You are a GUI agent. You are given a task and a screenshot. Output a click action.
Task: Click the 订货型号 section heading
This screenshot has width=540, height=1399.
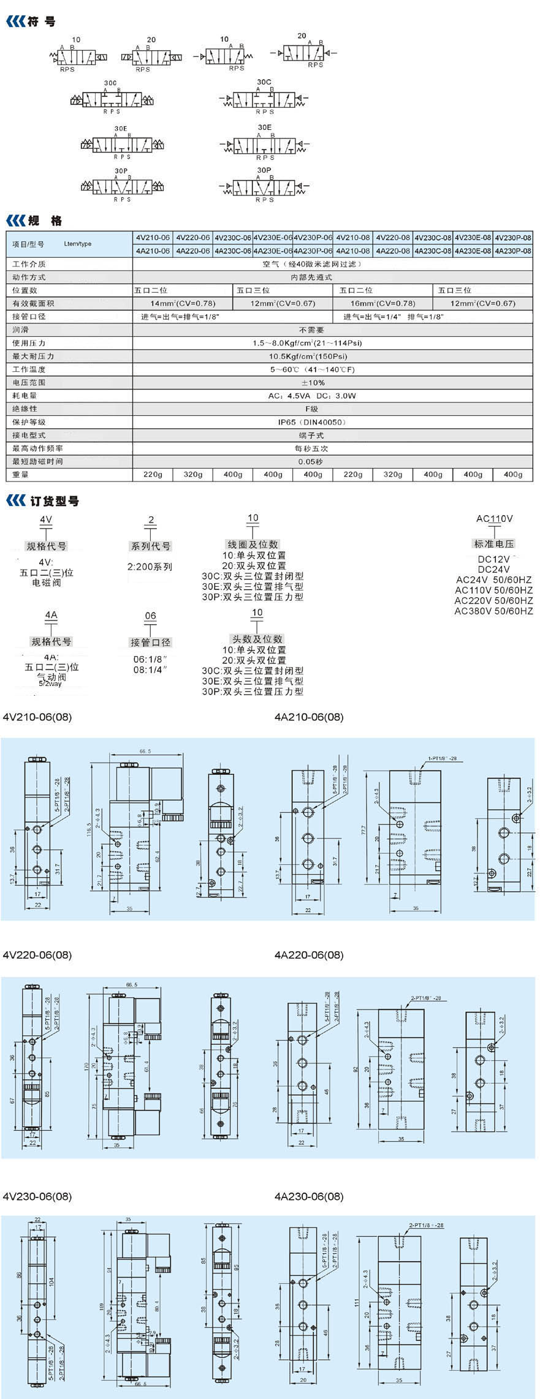[x=55, y=501]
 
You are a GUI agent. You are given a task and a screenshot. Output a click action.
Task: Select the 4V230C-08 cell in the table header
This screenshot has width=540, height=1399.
[x=433, y=238]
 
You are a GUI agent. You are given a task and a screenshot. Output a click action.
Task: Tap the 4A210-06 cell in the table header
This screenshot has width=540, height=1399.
[x=153, y=251]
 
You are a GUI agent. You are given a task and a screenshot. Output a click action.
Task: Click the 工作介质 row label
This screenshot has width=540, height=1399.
[x=29, y=264]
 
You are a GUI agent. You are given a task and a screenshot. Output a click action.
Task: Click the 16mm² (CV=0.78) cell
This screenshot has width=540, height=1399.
[x=383, y=303]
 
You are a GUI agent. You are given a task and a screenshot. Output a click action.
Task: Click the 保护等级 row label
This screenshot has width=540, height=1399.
[x=29, y=422]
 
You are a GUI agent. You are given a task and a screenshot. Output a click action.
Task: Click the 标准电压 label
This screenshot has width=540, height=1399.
[x=494, y=544]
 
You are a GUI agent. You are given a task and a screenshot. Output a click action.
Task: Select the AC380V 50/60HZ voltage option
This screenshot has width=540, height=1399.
[x=494, y=611]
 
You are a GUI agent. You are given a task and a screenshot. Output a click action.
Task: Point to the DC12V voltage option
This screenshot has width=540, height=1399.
[x=494, y=559]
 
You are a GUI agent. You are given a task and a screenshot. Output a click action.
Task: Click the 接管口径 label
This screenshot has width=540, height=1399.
[x=150, y=642]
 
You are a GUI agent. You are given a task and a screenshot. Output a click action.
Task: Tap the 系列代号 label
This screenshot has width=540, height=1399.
[x=151, y=546]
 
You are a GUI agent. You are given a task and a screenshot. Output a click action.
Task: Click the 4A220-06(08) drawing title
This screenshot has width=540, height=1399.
[x=309, y=955]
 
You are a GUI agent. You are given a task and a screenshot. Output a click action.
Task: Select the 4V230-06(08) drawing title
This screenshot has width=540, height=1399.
[x=37, y=1196]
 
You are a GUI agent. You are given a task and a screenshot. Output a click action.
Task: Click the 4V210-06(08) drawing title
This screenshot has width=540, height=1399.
[x=37, y=717]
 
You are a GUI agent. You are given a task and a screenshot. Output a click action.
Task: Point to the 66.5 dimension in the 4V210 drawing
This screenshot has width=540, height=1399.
[x=145, y=751]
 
